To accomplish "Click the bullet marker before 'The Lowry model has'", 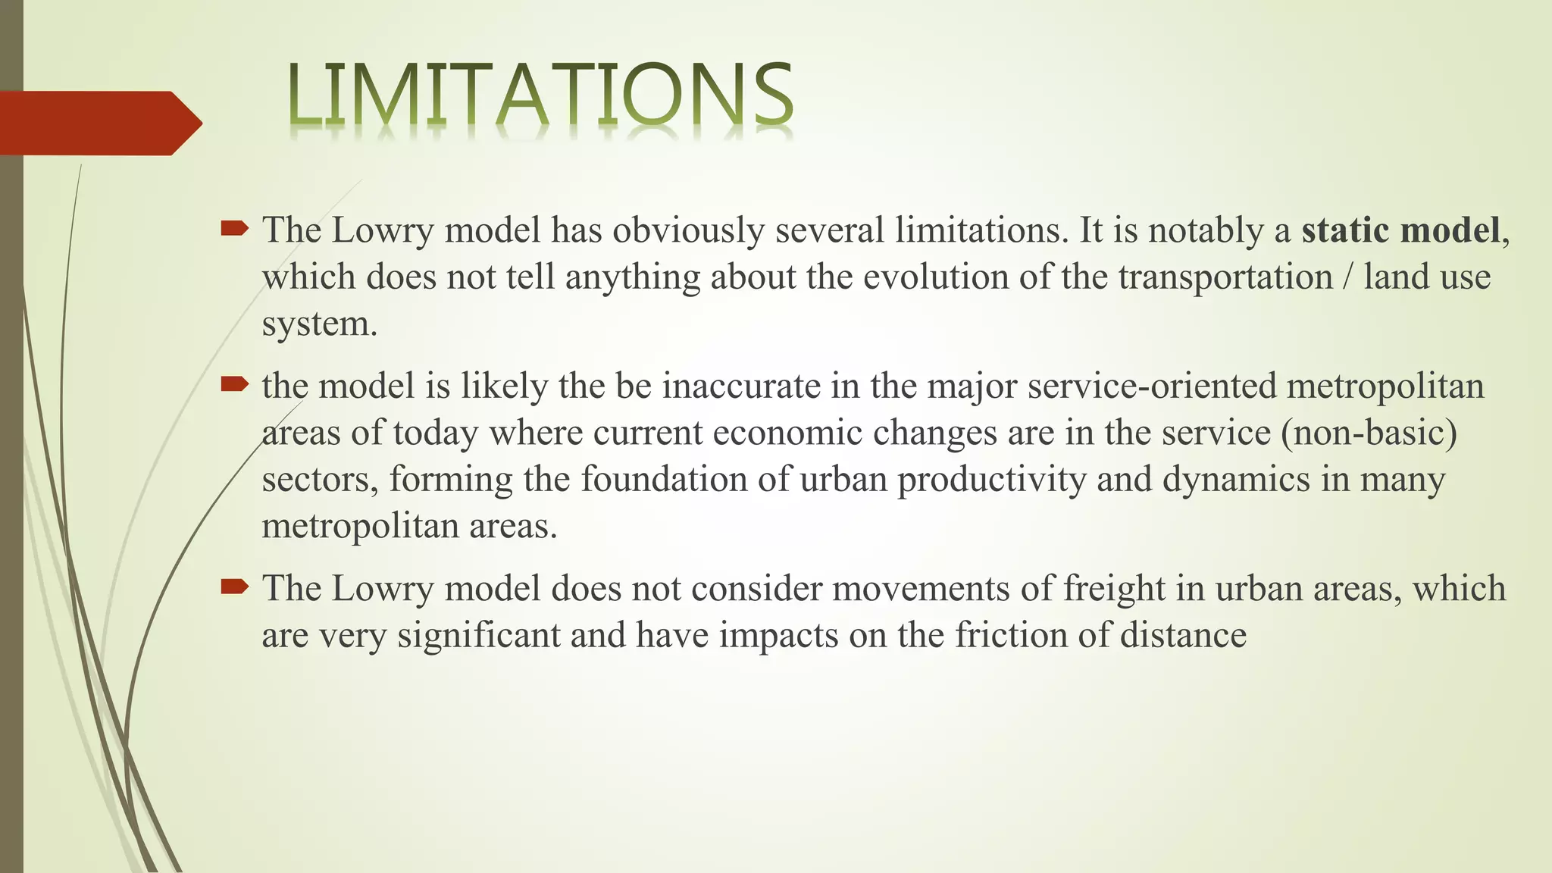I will pos(234,228).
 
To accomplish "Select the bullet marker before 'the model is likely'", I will pos(234,384).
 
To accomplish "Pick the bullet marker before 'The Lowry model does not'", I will pos(234,586).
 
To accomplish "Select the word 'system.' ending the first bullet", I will pos(319,324).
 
